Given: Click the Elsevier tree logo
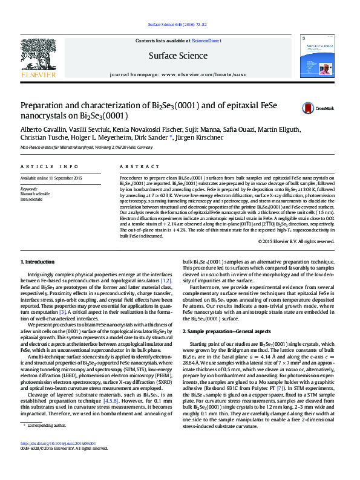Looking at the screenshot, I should point(39,57).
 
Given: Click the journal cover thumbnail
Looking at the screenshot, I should point(319,57).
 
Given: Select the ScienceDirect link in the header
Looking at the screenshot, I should point(206,41).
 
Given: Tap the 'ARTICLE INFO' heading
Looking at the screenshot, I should point(50,166).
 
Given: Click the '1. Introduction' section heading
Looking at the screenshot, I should point(38,262).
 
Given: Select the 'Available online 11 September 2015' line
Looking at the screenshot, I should point(51,178).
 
